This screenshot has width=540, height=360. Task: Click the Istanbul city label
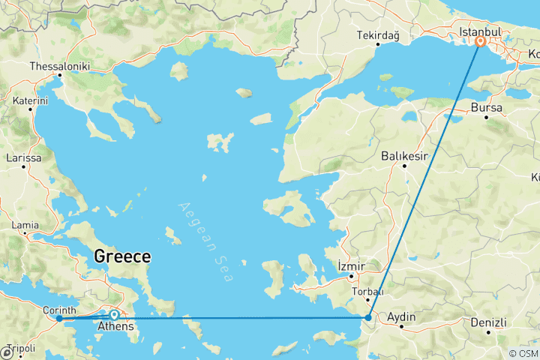click(x=480, y=33)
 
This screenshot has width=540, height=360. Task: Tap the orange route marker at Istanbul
click(x=480, y=43)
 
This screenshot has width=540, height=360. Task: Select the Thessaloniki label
click(x=59, y=67)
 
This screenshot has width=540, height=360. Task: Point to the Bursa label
click(x=487, y=108)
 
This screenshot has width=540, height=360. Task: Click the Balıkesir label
click(x=404, y=156)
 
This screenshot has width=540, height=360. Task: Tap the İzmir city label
click(x=351, y=265)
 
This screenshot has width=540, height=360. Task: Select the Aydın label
click(x=401, y=317)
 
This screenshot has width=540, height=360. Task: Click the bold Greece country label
click(x=122, y=256)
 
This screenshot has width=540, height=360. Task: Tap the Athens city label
click(x=115, y=326)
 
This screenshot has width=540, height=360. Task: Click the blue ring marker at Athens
click(x=113, y=316)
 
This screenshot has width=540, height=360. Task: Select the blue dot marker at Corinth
click(x=59, y=319)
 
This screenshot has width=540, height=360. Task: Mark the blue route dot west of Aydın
click(x=369, y=319)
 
